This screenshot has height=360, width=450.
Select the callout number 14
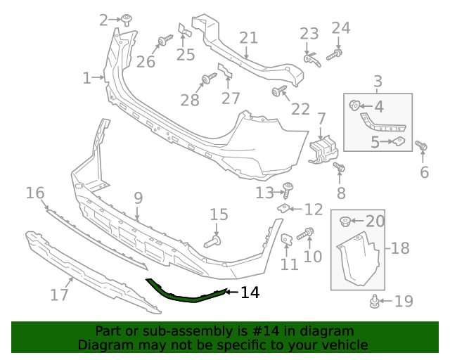(x=250, y=292)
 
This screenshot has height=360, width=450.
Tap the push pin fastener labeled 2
(x=127, y=20)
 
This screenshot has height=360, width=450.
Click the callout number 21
(x=249, y=38)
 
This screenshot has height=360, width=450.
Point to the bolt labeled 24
(x=337, y=53)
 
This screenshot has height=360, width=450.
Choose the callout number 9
(x=138, y=198)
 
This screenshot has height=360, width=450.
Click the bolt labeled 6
(x=422, y=146)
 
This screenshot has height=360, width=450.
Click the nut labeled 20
(x=345, y=222)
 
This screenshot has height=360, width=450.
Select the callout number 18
(x=400, y=248)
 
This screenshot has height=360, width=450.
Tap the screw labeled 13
(x=287, y=188)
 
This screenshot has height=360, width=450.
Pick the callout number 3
(x=378, y=81)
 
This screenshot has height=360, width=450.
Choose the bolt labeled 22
(x=279, y=91)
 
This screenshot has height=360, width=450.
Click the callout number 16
(x=35, y=193)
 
